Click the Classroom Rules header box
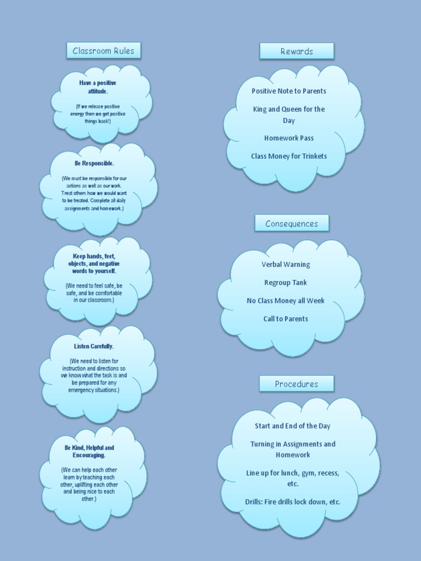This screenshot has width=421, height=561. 104,51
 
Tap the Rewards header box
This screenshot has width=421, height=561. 297,51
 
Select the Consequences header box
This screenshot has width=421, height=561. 292,224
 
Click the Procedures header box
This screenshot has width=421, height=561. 297,384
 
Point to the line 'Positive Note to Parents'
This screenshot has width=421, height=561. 289,91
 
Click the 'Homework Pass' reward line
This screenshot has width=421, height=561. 289,138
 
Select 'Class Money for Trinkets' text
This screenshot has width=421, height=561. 289,156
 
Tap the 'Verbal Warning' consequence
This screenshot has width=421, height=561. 286,265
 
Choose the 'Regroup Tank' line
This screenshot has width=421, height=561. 286,283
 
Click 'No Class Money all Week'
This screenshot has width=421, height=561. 286,301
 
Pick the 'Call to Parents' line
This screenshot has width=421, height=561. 286,319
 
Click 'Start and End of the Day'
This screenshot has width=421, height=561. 293,426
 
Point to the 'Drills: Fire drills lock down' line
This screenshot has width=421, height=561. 293,502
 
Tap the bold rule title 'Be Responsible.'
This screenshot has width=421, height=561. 94,163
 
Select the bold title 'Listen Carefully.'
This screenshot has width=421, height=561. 94,346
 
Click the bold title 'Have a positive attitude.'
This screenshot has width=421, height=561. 98,87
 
